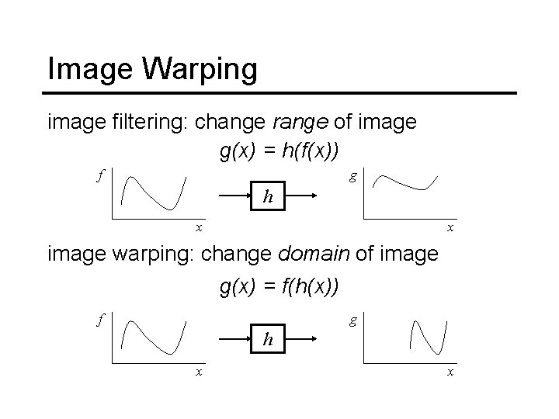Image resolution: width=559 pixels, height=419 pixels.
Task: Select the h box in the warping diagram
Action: click(x=268, y=339)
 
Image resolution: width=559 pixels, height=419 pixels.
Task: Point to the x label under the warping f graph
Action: click(x=198, y=372)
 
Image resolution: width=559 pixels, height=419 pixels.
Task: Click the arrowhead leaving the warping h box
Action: click(x=313, y=339)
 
